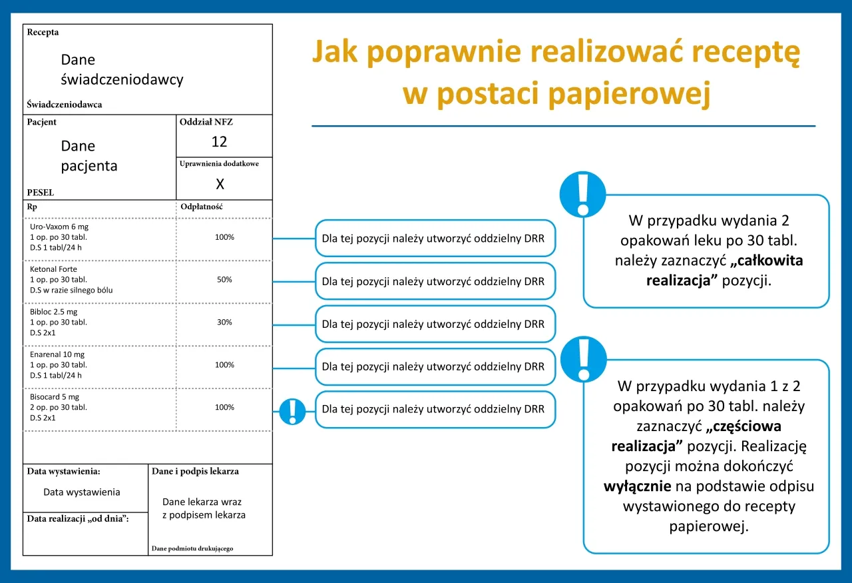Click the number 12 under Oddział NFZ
pos(219,142)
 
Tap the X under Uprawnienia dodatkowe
pos(220,185)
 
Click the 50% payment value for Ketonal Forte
pos(224,280)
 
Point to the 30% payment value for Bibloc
pos(224,322)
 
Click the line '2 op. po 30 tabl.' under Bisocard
pos(59,407)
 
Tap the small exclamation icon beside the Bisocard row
pos(292,411)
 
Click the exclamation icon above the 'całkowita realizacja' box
pos(583,194)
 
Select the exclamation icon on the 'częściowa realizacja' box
pos(583,358)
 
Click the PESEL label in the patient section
pos(40,193)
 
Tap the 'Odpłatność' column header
pos(201,207)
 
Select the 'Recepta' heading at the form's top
pos(43,32)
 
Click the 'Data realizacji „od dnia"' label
pos(78,518)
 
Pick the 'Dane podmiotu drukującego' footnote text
pos(192,548)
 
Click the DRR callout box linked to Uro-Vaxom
pos(435,239)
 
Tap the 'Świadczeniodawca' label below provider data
pos(65,105)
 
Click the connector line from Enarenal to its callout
pos(293,366)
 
